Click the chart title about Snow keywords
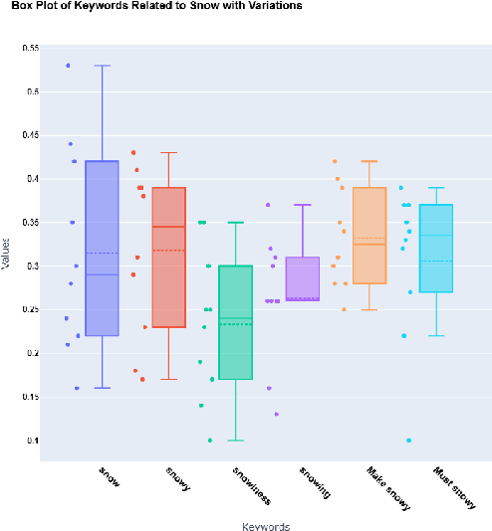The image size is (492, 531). click(156, 7)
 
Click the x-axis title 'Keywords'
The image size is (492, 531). click(266, 525)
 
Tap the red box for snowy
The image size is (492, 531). click(168, 258)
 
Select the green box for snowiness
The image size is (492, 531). click(235, 322)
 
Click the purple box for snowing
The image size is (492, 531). click(302, 278)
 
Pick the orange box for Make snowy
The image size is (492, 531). click(369, 236)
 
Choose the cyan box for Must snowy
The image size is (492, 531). click(436, 249)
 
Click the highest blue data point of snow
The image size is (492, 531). click(68, 66)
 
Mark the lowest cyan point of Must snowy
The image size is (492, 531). click(408, 441)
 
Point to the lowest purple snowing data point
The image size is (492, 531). click(276, 414)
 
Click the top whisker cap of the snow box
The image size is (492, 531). click(102, 66)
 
